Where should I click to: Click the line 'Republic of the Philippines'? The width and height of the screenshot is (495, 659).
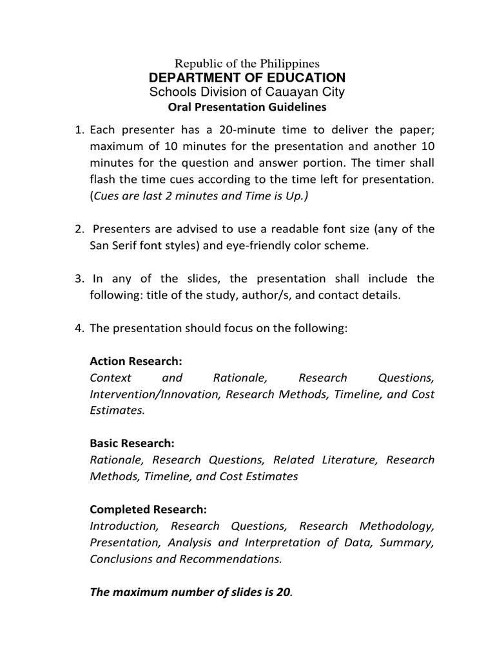coord(247,64)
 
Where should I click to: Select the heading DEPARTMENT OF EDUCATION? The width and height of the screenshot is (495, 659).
coord(247,78)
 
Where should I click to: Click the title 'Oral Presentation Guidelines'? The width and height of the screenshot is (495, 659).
coord(247,107)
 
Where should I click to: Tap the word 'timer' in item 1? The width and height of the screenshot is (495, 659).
coord(397,162)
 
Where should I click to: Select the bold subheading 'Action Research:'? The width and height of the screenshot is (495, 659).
coord(132,362)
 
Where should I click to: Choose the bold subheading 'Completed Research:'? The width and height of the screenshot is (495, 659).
coord(148,510)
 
